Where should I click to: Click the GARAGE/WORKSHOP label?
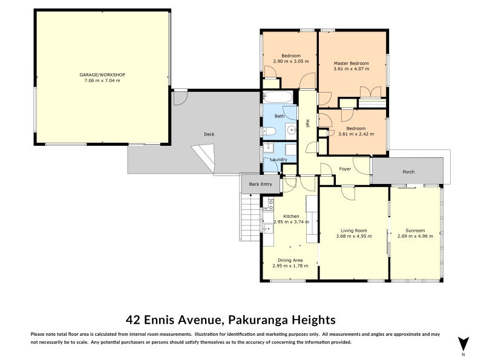[102, 74]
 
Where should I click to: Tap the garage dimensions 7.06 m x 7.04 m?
[102, 80]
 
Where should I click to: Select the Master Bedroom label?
[352, 63]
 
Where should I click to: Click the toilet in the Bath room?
[269, 131]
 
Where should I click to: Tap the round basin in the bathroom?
[291, 129]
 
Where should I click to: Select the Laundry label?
[278, 160]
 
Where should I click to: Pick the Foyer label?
[345, 169]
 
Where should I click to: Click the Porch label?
[409, 172]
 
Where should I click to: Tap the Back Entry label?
[261, 184]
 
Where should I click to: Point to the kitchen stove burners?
[270, 204]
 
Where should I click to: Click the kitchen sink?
[267, 228]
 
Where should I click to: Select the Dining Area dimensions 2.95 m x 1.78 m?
[290, 266]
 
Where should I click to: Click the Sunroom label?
[415, 231]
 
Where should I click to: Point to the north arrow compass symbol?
[463, 344]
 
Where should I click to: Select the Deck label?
[209, 134]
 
